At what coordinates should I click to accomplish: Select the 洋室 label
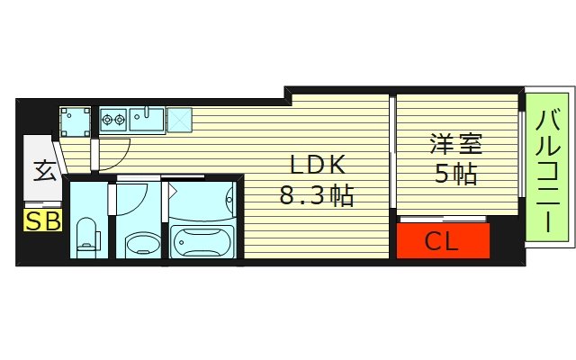point(454,143)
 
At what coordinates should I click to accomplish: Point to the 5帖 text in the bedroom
point(454,174)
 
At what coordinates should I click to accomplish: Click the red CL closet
point(443,240)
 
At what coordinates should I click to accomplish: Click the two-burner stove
point(113,117)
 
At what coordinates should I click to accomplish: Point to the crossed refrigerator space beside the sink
point(178,117)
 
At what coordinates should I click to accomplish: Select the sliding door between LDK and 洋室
point(392,157)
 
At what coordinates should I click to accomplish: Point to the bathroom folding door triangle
point(171,191)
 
